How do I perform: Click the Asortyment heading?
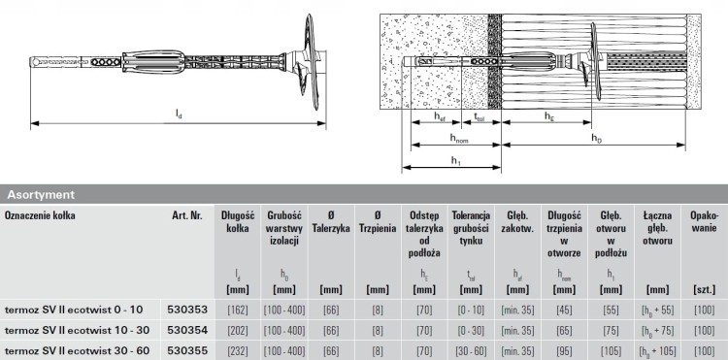tap(41, 194)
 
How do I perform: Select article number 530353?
tap(187, 310)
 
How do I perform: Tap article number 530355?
tap(187, 350)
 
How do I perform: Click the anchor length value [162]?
tap(238, 310)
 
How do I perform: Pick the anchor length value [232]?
tap(238, 350)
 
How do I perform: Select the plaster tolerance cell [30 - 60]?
tap(471, 350)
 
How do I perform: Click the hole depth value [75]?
tap(611, 330)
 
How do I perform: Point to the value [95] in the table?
tap(564, 350)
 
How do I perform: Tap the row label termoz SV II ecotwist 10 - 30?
tap(77, 330)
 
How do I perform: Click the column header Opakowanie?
tap(703, 222)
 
